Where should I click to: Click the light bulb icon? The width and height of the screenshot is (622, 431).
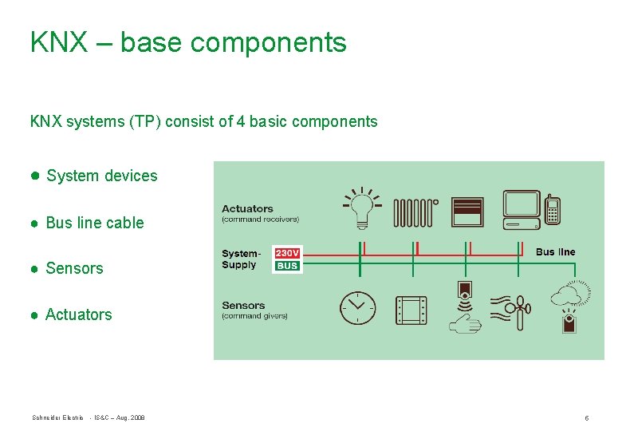coord(363,209)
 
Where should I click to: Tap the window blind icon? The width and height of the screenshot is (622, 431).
coord(468,212)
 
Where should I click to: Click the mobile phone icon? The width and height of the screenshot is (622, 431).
coord(552,209)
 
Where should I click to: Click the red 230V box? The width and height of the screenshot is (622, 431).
coord(287,253)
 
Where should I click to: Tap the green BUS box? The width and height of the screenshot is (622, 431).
coord(287,266)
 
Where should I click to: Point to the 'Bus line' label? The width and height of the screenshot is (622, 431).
coord(555,252)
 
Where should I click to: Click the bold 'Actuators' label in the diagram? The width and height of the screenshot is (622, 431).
coord(247,209)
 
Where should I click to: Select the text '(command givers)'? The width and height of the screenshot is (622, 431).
coord(254,316)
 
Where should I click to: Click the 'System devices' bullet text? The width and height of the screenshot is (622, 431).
coord(101,176)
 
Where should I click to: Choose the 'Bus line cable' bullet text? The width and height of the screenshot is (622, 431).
coord(95,223)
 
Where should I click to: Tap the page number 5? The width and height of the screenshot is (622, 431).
coord(586,418)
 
